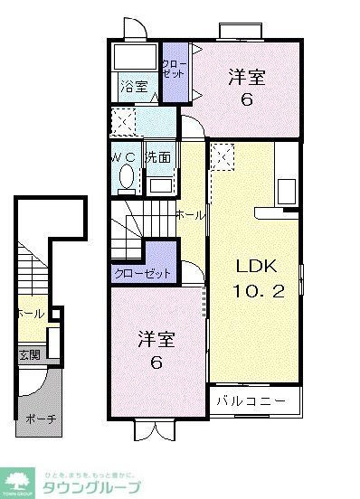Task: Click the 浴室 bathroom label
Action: point(134,88)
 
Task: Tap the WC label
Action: point(123,155)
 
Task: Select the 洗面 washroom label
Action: point(158,155)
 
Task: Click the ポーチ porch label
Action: point(36,419)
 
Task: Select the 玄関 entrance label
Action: point(28,354)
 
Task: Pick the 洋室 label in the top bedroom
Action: point(246,77)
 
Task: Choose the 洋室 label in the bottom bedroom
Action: point(156,340)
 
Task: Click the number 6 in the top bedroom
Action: point(246,99)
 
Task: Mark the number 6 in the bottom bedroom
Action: point(156,363)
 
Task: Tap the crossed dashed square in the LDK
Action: point(221,159)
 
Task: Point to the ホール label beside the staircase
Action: point(189,214)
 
